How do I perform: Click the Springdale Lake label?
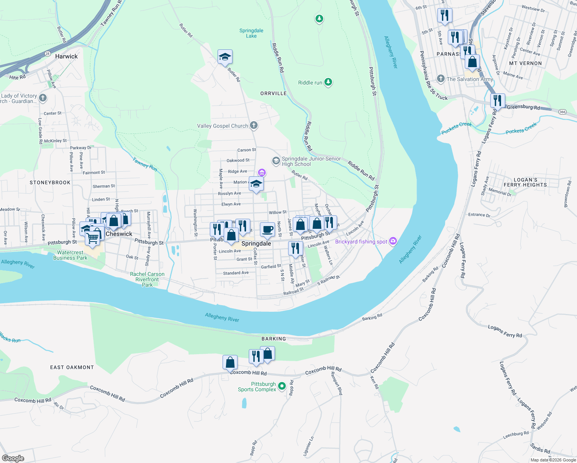click(251, 33)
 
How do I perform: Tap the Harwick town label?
click(66, 56)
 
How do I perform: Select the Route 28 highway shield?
click(47, 54)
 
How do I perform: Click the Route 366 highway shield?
click(562, 112)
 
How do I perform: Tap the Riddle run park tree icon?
click(328, 82)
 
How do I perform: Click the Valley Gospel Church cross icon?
click(253, 125)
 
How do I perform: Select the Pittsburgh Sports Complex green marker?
click(282, 385)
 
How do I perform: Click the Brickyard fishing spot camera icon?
click(393, 241)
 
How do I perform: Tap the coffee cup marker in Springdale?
click(267, 230)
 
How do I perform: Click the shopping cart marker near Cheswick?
click(93, 238)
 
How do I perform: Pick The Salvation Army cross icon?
click(441, 79)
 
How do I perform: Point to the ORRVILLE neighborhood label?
click(273, 93)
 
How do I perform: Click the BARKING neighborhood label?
click(274, 339)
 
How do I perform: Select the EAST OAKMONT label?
click(72, 367)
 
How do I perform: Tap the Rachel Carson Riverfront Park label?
click(147, 279)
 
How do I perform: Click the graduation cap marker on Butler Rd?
click(225, 57)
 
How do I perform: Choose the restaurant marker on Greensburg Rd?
click(498, 101)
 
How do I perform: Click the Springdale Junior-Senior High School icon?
click(276, 161)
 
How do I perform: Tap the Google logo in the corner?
click(13, 458)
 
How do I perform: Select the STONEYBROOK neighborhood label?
click(50, 182)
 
